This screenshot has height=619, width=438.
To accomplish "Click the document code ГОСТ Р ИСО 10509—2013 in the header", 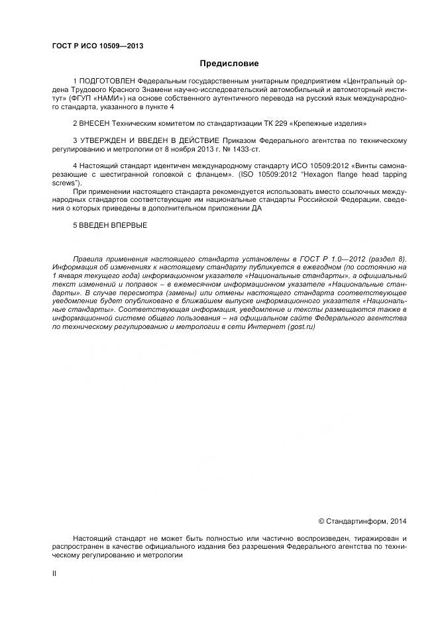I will [x=97, y=46].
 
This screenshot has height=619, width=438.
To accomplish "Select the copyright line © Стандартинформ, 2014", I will [x=362, y=521].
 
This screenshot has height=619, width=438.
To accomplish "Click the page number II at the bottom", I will [x=54, y=573].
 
